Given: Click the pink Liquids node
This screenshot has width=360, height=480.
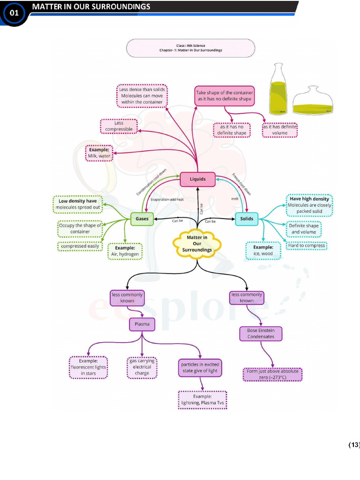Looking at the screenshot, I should pyautogui.click(x=197, y=179).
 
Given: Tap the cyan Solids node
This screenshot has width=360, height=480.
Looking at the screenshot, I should pyautogui.click(x=247, y=218).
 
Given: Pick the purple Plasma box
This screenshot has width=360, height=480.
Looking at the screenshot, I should pyautogui.click(x=142, y=324).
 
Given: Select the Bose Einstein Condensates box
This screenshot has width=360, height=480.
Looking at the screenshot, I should pyautogui.click(x=261, y=333).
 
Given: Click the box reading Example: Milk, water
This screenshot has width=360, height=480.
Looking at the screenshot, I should pyautogui.click(x=99, y=153).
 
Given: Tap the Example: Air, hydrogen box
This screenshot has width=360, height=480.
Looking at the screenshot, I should pyautogui.click(x=125, y=251).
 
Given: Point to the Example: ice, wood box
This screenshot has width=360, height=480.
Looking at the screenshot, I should pyautogui.click(x=263, y=250).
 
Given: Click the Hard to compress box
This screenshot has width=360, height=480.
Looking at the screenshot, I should pyautogui.click(x=306, y=246).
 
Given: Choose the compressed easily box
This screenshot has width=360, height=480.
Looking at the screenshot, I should pyautogui.click(x=80, y=246).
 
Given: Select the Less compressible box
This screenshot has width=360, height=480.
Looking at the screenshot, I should pyautogui.click(x=119, y=126).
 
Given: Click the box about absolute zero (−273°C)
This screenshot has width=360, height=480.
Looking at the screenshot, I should pyautogui.click(x=272, y=374).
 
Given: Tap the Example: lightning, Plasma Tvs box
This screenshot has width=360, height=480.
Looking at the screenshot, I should pyautogui.click(x=202, y=400).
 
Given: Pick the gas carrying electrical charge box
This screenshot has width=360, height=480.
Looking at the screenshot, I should pyautogui.click(x=142, y=367).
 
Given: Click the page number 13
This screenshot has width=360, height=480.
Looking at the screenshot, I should pyautogui.click(x=353, y=444).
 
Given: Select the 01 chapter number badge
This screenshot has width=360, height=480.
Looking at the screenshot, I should pyautogui.click(x=14, y=13).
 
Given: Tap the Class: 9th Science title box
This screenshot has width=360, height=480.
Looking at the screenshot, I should pyautogui.click(x=190, y=48).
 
